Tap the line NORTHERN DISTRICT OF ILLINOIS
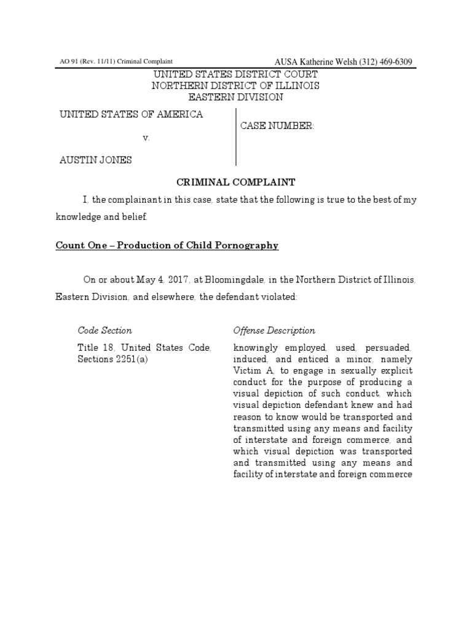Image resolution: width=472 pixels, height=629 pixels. pyautogui.click(x=235, y=86)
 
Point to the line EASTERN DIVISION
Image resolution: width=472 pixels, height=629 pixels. pyautogui.click(x=235, y=97)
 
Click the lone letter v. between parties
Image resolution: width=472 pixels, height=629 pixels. pyautogui.click(x=146, y=138)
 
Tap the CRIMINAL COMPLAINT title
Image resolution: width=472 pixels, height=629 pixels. pyautogui.click(x=236, y=182)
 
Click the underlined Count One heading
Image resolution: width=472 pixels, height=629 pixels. pyautogui.click(x=167, y=246)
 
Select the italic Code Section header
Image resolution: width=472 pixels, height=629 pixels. pyautogui.click(x=104, y=330)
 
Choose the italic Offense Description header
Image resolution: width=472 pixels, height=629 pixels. pyautogui.click(x=274, y=330)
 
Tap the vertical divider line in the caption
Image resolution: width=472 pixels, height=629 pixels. pyautogui.click(x=237, y=136)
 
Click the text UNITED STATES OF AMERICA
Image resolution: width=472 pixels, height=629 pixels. pyautogui.click(x=131, y=115)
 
